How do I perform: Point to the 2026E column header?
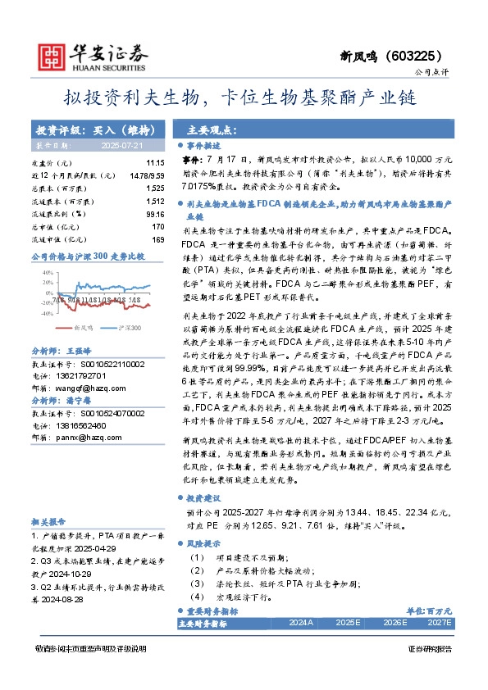click(x=395, y=624)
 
